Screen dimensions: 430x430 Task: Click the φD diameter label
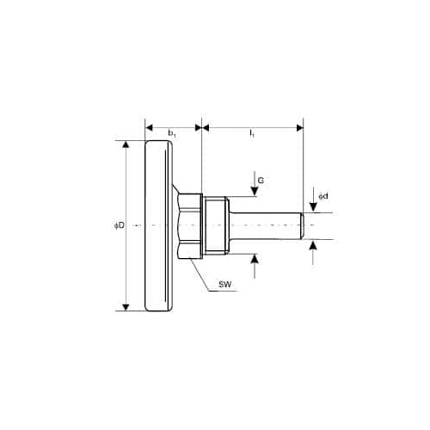coord(120,225)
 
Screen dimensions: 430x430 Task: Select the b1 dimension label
coord(172,133)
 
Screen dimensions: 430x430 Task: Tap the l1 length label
coord(252,133)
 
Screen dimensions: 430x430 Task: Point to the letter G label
coord(261,181)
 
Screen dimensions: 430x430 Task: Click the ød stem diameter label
coord(323,196)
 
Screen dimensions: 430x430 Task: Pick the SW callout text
coord(225,285)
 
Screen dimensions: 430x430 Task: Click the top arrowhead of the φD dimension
coord(126,144)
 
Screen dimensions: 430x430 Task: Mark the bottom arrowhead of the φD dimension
coord(126,307)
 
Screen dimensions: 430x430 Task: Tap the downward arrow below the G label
coord(255,184)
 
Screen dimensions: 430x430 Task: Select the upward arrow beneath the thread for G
coord(255,266)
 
